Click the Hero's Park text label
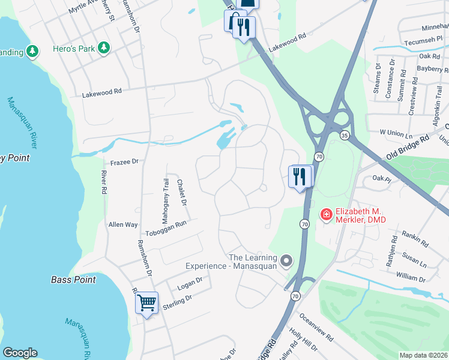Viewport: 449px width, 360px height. tap(74, 47)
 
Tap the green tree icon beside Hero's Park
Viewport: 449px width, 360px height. tap(104, 47)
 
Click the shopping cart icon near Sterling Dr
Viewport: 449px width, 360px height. tap(146, 303)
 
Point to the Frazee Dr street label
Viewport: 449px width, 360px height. tap(124, 161)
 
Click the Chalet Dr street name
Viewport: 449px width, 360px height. tap(182, 193)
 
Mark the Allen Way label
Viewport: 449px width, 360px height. tap(122, 224)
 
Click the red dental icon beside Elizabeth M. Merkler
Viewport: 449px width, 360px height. tap(326, 214)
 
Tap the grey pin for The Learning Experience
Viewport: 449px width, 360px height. tap(286, 260)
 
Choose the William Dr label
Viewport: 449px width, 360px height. tap(411, 279)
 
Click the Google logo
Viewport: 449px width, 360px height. tap(20, 353)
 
